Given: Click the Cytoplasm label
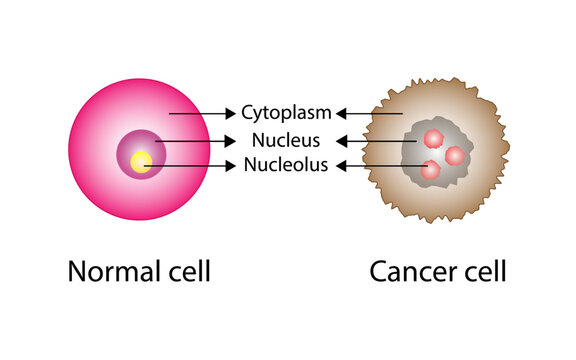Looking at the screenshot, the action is (286, 113).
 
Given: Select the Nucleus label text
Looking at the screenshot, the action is (285, 140).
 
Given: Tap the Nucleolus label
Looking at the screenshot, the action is (286, 166).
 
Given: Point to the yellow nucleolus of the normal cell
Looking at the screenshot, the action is (142, 161).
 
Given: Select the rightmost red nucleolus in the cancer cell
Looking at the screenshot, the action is (455, 155).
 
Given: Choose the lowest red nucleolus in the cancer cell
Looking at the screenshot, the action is (431, 170).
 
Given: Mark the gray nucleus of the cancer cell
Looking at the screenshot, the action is (420, 155).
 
